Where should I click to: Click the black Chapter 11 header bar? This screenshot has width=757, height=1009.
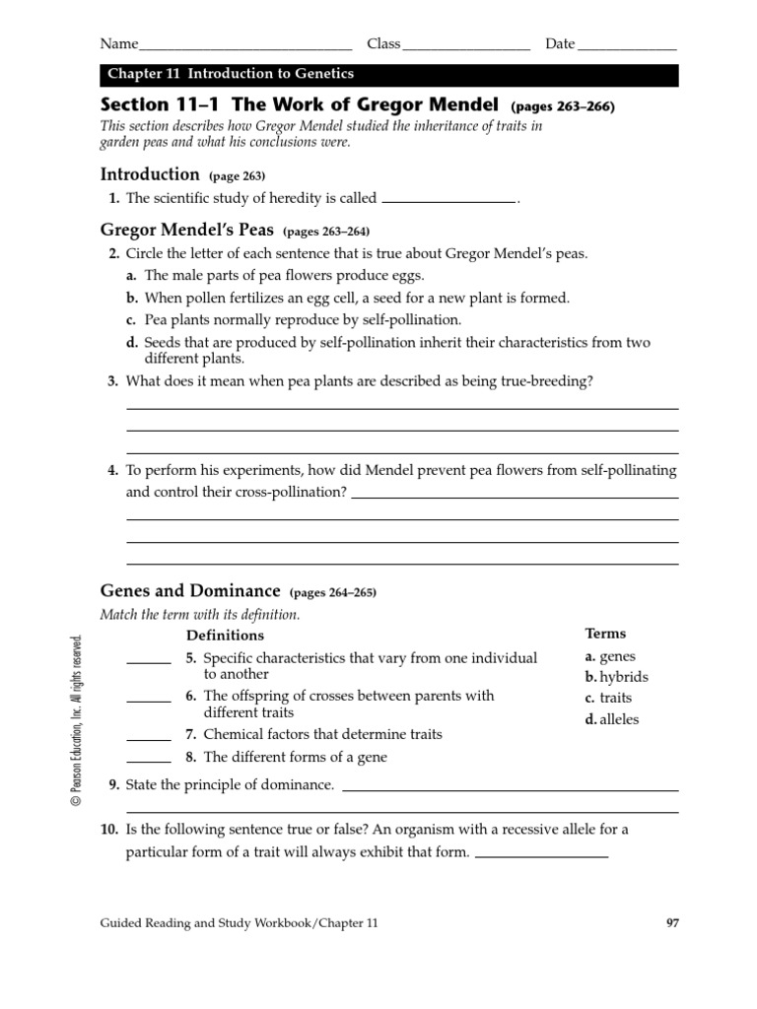click(x=389, y=75)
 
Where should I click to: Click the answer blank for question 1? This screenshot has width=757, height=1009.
click(x=448, y=201)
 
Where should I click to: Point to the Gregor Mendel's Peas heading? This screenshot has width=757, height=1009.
click(x=188, y=232)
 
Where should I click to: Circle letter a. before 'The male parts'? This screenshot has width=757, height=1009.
click(x=131, y=276)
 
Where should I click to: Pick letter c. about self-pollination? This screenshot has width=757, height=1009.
click(x=131, y=320)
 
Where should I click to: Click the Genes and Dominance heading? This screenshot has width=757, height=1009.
click(x=190, y=591)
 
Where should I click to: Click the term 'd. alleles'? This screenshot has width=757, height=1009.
click(x=612, y=719)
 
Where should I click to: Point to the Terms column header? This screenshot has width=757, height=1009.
click(x=605, y=634)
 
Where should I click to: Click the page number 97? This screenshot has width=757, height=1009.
click(x=671, y=923)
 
